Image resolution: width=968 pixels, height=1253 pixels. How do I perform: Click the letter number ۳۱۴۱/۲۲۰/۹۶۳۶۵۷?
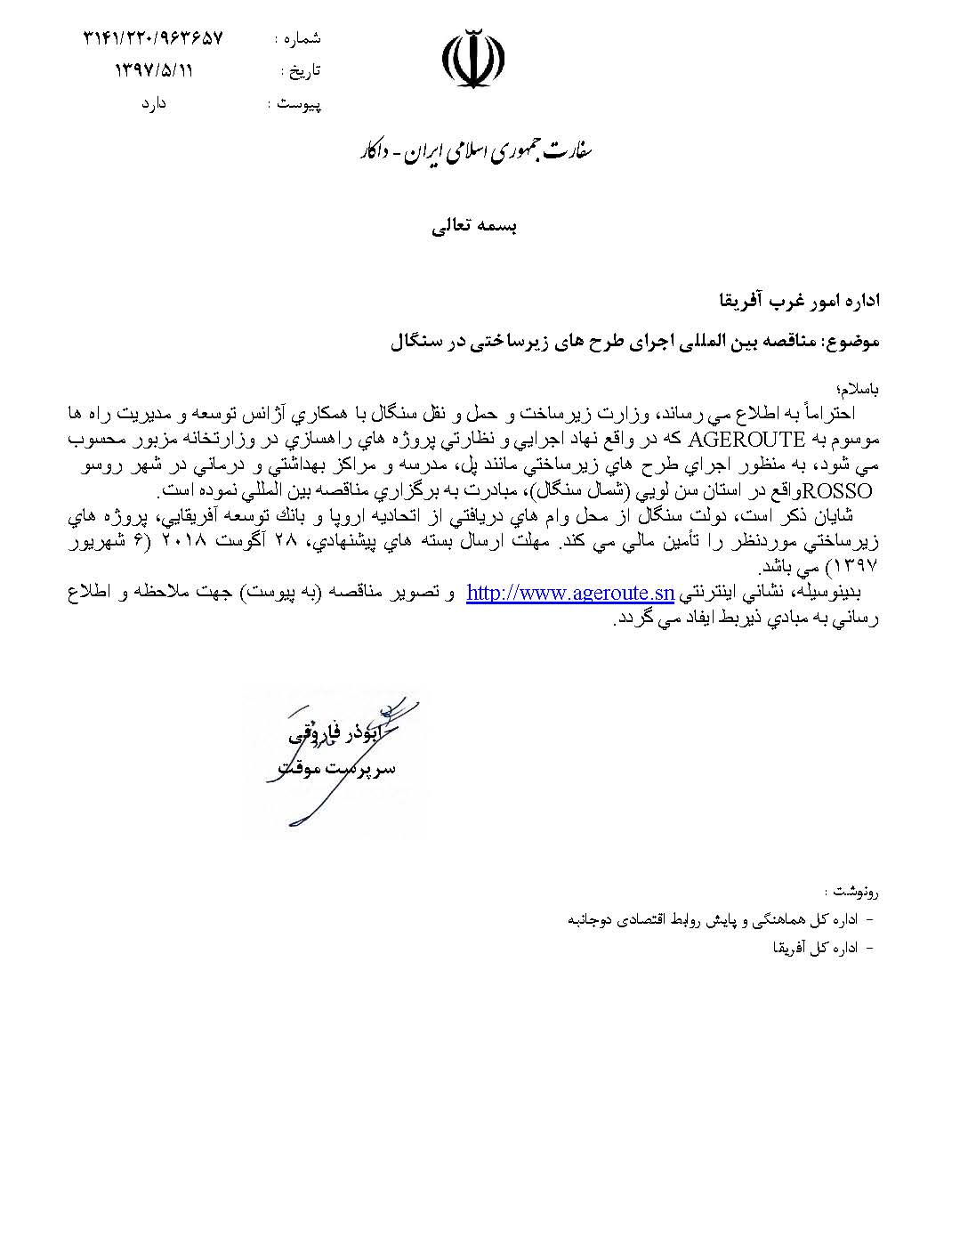click(x=154, y=38)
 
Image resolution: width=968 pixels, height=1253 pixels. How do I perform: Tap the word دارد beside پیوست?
click(x=154, y=104)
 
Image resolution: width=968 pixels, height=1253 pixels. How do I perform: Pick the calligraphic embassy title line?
click(x=472, y=152)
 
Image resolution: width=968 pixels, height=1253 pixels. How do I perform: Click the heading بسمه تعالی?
click(x=473, y=225)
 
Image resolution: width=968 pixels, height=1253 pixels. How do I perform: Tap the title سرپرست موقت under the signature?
click(x=332, y=765)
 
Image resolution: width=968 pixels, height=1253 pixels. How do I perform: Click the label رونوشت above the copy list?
click(x=852, y=890)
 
